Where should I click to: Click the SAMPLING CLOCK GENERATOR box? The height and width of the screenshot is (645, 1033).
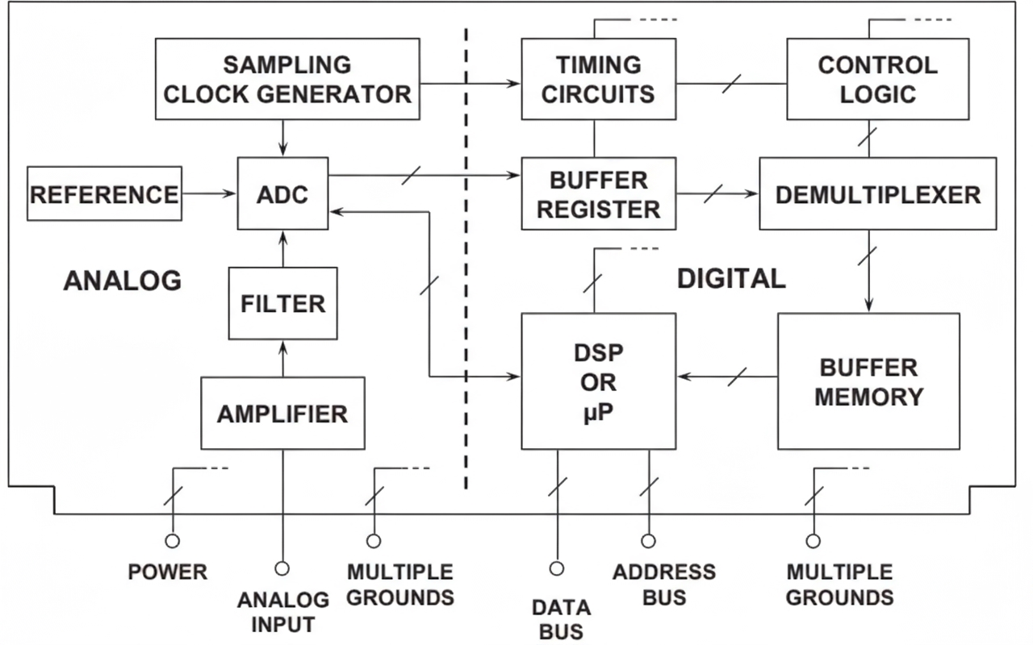(x=286, y=79)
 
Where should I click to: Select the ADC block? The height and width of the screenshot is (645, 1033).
(x=283, y=193)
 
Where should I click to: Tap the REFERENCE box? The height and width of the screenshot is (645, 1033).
(x=104, y=193)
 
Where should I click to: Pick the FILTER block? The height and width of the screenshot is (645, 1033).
(x=283, y=303)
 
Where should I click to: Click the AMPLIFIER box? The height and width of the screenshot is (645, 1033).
(x=282, y=413)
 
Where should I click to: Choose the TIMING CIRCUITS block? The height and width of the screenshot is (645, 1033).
(x=598, y=79)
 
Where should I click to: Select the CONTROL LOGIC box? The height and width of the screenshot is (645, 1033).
(x=878, y=79)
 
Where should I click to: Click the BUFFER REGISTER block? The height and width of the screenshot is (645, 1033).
(x=598, y=193)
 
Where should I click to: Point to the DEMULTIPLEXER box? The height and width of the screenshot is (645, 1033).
(x=878, y=193)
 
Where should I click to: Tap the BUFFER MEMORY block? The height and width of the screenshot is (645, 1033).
(x=868, y=381)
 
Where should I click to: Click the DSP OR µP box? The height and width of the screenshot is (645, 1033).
(x=598, y=381)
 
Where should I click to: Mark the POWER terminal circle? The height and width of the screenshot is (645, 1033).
(x=172, y=541)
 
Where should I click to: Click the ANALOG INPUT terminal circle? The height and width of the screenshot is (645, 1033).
(x=282, y=568)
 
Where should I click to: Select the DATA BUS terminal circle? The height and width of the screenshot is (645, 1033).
(x=556, y=568)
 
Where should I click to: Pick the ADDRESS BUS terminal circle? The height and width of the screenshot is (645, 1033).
(x=648, y=541)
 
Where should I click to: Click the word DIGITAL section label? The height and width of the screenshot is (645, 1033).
(x=730, y=279)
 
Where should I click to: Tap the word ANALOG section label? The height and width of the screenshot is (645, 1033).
(x=122, y=281)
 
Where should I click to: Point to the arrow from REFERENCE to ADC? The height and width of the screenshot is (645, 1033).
(x=209, y=193)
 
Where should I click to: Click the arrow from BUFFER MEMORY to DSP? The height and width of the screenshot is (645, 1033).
(x=726, y=376)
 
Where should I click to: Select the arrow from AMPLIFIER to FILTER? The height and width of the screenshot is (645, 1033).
(x=282, y=358)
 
